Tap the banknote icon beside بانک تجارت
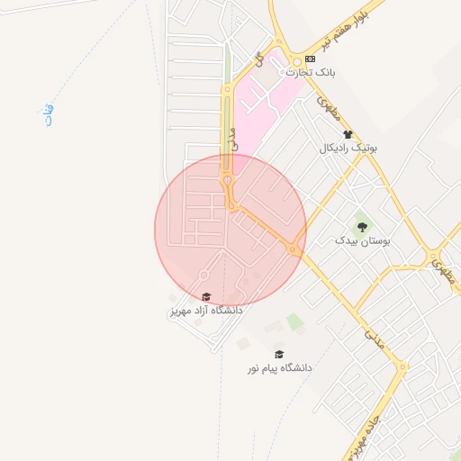tap(311, 59)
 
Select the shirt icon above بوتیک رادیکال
tap(348, 134)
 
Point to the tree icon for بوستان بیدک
tap(362, 227)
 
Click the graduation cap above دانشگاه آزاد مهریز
tap(206, 297)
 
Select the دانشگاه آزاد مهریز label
tap(206, 311)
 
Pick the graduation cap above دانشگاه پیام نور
tap(279, 355)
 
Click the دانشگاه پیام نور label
tap(279, 368)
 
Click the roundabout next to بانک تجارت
tap(294, 65)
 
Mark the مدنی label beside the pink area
tap(234, 138)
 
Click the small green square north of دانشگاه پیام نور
tap(294, 321)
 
